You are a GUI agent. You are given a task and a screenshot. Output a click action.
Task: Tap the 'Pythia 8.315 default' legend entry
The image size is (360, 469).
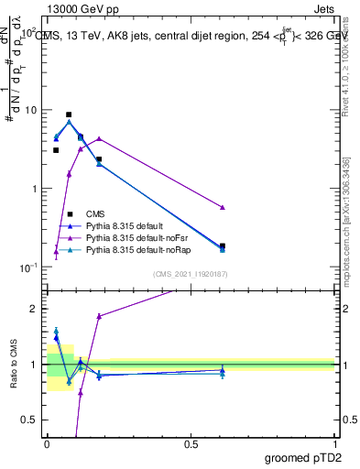click(134, 225)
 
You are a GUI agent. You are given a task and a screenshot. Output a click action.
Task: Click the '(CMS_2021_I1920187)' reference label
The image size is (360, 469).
click(190, 274)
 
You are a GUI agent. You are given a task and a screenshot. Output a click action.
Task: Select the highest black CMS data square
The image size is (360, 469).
click(69, 115)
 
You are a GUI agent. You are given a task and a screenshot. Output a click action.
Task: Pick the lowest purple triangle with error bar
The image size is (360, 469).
click(56, 252)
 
